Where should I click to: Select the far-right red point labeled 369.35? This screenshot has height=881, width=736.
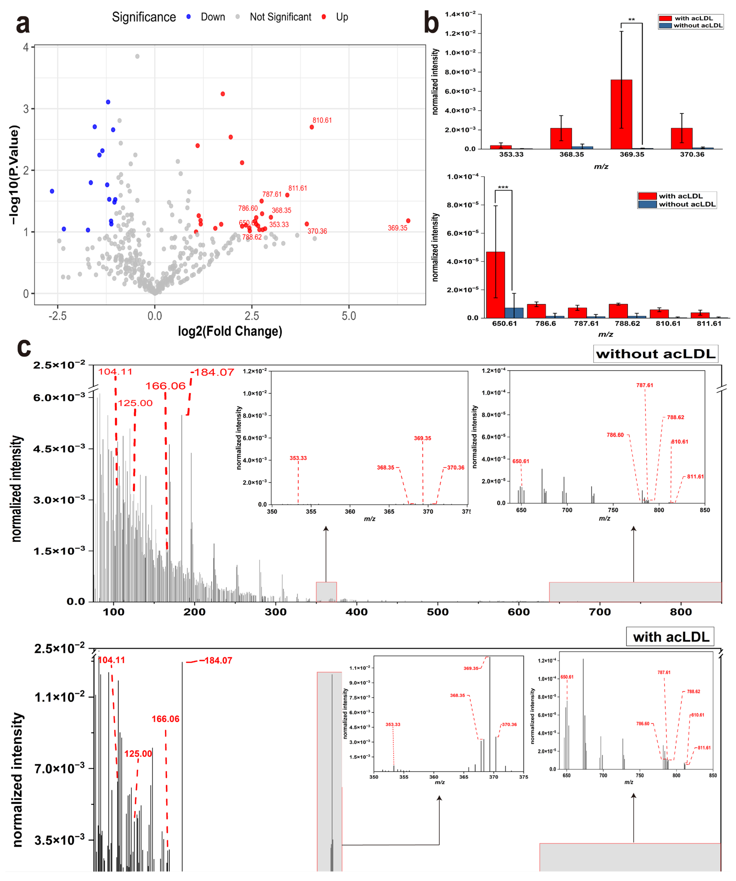pos(408,221)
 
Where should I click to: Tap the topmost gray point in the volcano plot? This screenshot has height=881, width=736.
pos(137,56)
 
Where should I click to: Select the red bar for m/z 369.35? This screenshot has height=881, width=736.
pos(621,114)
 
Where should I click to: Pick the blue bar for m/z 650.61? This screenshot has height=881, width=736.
pos(514,313)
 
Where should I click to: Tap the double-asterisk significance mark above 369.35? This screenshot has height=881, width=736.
pos(631,20)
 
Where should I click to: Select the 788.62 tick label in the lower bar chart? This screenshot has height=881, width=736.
pos(627,323)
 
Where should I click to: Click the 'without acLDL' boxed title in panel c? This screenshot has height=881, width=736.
pos(655,354)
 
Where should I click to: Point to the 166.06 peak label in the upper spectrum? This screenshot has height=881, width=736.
pos(165,386)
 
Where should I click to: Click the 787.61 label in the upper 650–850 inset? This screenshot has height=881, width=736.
pos(645,385)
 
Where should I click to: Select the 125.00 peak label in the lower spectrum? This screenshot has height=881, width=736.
pos(138,753)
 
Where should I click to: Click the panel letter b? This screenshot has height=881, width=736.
pos(431,23)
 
